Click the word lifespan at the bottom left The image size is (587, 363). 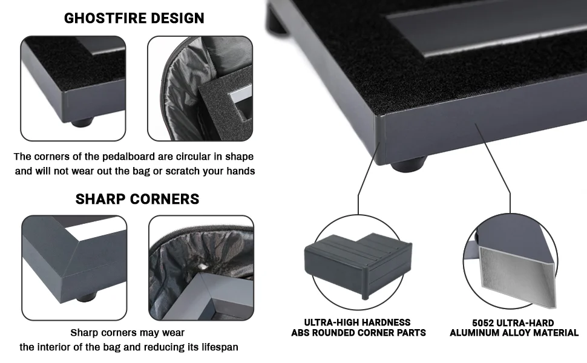(x=220, y=347)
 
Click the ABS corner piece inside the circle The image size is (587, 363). (x=358, y=264)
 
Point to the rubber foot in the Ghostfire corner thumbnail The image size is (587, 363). (x=82, y=122)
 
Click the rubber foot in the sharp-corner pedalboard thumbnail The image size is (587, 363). (x=87, y=297)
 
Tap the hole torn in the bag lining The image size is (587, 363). (x=203, y=266)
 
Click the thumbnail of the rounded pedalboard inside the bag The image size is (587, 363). (x=200, y=88)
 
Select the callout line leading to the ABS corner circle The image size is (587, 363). (x=367, y=178)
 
